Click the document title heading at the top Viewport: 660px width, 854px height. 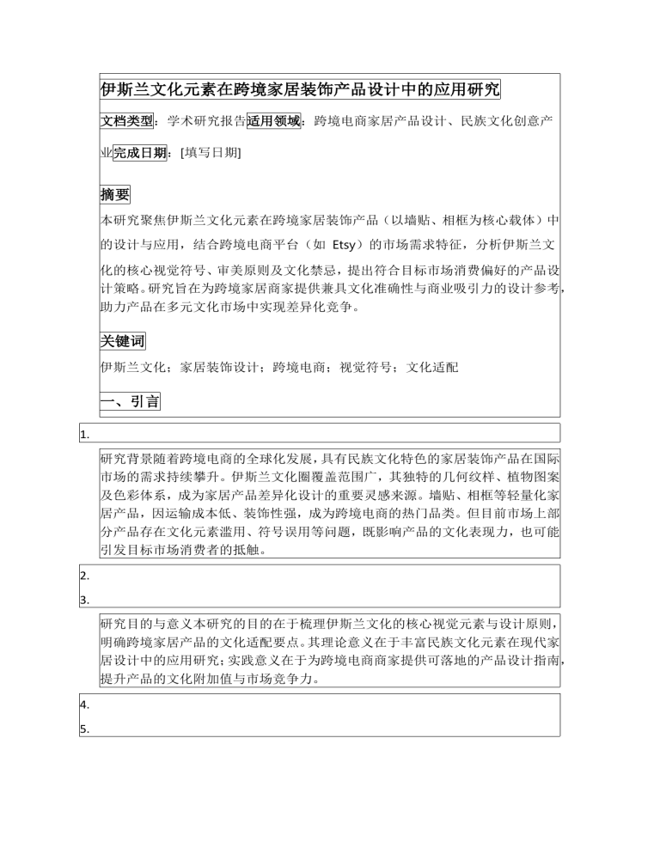(300, 89)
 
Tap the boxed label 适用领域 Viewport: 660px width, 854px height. (274, 121)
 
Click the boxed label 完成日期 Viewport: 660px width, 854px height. (140, 153)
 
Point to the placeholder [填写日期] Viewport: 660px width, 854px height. (211, 153)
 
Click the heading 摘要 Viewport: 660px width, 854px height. (115, 195)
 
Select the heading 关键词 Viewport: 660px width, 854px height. (123, 341)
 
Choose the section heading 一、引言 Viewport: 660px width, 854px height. (130, 401)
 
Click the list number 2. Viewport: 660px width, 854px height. (85, 576)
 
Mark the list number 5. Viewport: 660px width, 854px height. (85, 729)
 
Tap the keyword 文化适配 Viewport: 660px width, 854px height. (432, 368)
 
